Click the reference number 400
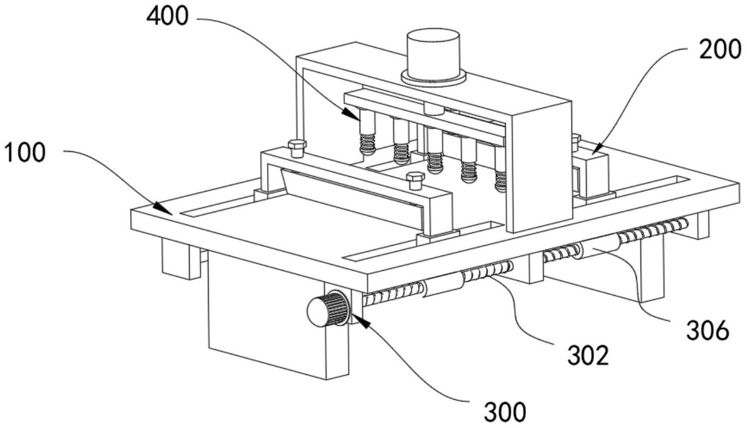[x=167, y=16]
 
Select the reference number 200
[x=720, y=50]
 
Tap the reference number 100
[x=24, y=152]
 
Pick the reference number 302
[x=588, y=355]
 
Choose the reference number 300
[x=505, y=412]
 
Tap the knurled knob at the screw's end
[x=328, y=309]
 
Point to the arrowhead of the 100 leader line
[x=163, y=208]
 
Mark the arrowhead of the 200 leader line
[x=597, y=149]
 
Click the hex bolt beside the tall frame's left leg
[x=297, y=148]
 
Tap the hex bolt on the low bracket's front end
[x=415, y=181]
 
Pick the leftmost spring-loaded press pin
[x=367, y=132]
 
